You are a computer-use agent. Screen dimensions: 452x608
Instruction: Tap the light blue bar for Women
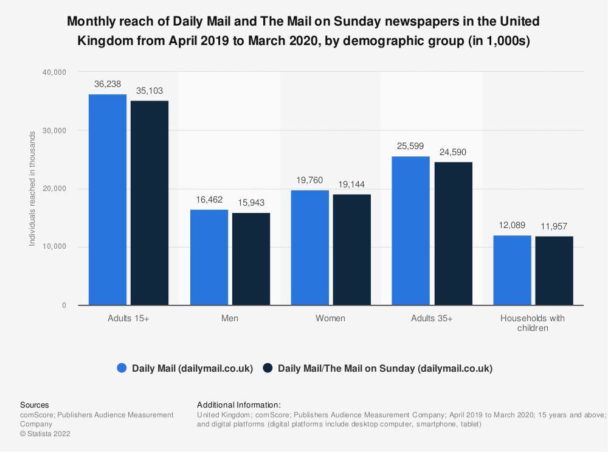coord(310,248)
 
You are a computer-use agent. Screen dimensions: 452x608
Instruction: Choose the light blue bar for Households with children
coord(512,270)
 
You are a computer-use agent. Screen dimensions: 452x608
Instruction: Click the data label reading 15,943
coord(251,203)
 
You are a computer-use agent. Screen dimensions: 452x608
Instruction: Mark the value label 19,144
coord(352,184)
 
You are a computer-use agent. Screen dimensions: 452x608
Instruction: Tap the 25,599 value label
coord(411,147)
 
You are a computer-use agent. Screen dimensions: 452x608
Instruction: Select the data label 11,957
coord(554,226)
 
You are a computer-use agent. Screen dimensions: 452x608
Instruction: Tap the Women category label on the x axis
coord(330,318)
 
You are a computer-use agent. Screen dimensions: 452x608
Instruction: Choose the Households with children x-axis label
coord(532,323)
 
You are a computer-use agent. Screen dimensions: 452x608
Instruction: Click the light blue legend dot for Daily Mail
coord(122,368)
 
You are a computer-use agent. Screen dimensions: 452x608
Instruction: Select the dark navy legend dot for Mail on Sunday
coord(268,368)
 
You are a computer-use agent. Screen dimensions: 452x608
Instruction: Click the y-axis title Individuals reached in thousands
coord(32,189)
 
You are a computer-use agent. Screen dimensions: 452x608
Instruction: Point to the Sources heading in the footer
coord(35,405)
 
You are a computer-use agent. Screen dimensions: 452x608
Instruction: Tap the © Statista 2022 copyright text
coord(45,434)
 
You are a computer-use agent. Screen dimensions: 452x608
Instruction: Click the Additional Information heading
coord(238,405)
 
